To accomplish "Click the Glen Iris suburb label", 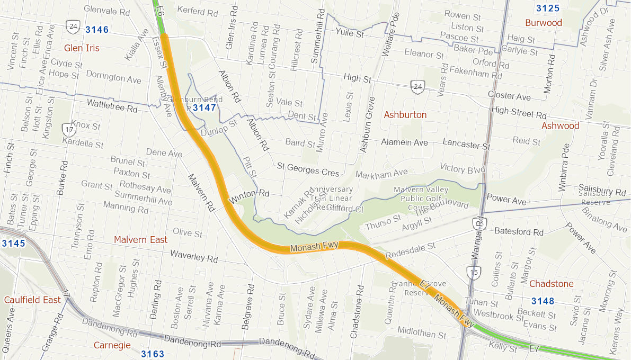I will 82,48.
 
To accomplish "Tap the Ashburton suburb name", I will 405,115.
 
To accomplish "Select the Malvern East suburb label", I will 140,240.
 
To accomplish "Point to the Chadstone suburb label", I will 551,284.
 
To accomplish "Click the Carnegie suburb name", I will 112,345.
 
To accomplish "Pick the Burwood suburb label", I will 543,23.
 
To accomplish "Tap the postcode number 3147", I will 204,108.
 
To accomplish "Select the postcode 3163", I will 153,354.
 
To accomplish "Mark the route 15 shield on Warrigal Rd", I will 473,273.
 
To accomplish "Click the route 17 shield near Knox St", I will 68,129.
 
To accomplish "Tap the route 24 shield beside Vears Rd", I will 418,86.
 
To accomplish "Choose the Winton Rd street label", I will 249,196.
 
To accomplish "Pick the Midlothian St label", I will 422,334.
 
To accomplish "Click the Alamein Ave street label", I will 404,142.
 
